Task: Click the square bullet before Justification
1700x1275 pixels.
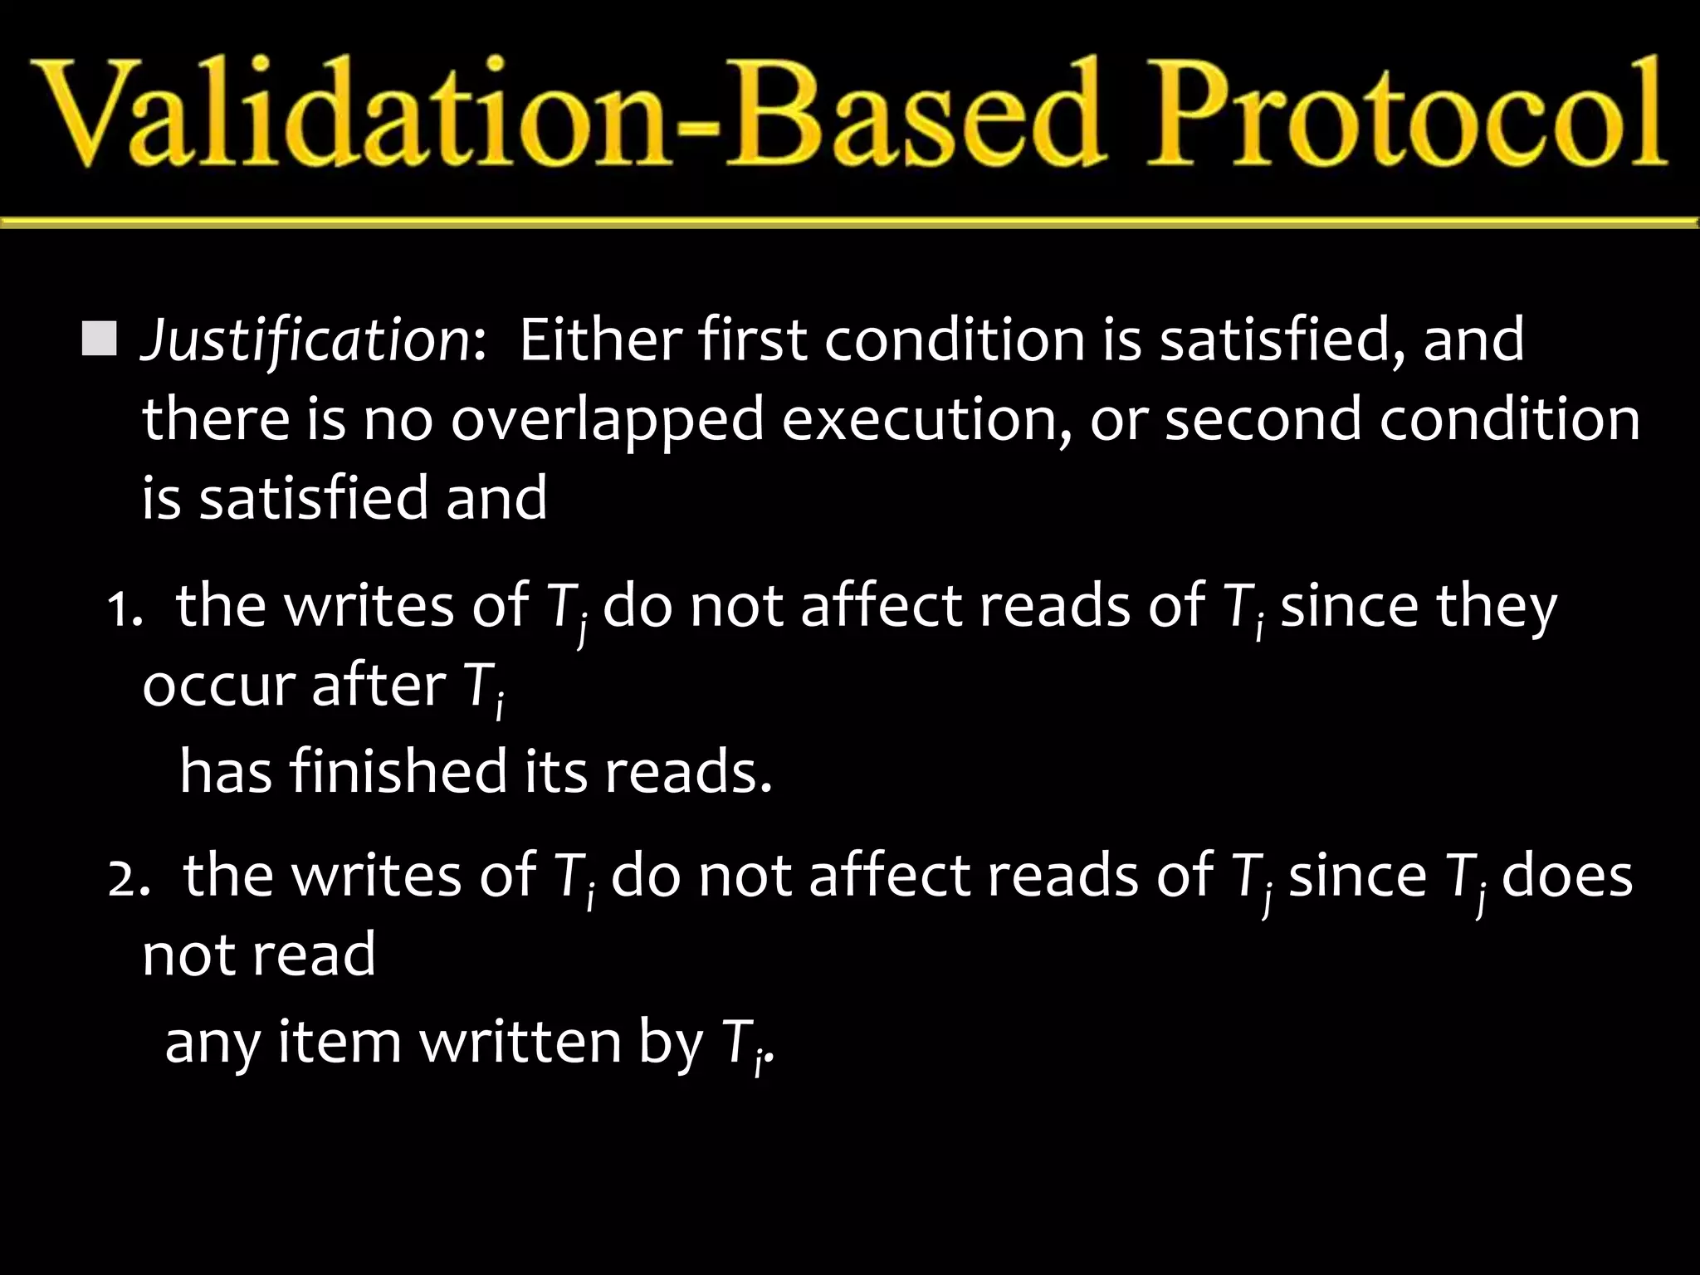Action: point(100,340)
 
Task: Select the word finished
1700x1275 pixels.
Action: point(397,772)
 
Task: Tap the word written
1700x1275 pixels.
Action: point(520,1043)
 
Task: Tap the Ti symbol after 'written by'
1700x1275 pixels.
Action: point(742,1046)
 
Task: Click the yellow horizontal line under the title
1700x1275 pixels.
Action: point(850,222)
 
